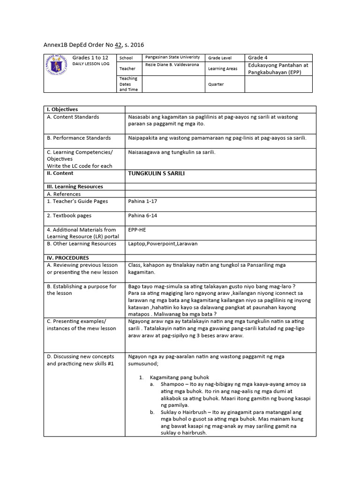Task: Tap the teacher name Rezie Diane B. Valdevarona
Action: coord(172,65)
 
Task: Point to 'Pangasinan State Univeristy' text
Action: coord(172,57)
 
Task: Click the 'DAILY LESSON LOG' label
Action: coord(90,64)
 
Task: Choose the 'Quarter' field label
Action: coord(216,84)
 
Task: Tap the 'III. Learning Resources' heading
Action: coord(75,187)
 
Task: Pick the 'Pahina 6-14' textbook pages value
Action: coord(143,216)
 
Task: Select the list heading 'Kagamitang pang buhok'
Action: coord(179,377)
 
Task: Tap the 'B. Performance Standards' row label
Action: coord(79,138)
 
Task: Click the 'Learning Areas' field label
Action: coord(223,68)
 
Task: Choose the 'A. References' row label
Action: coord(64,194)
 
